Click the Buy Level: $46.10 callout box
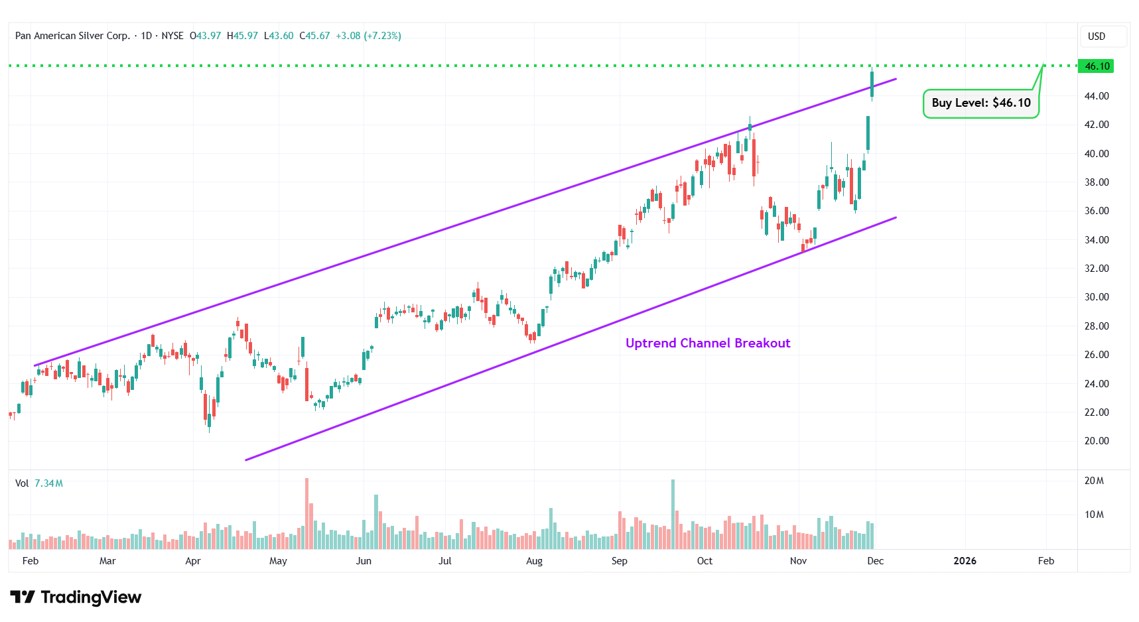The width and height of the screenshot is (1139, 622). click(x=980, y=103)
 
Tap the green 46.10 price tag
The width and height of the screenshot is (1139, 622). click(x=1097, y=66)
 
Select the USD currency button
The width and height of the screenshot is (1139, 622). click(x=1097, y=36)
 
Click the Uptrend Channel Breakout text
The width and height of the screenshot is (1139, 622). click(x=708, y=343)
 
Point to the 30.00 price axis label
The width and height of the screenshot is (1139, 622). click(x=1097, y=297)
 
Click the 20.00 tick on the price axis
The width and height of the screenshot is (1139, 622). click(x=1097, y=441)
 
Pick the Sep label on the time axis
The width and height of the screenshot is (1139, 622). click(x=619, y=561)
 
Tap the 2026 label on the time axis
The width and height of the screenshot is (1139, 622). click(x=965, y=561)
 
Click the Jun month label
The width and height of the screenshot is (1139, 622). click(x=364, y=561)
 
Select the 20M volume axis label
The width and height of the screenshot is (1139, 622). click(x=1094, y=481)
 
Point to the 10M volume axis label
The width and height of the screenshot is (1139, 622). click(x=1094, y=515)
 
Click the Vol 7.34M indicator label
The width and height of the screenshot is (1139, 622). click(x=39, y=483)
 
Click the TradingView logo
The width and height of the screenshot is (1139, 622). click(x=76, y=597)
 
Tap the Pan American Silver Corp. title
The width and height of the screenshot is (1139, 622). click(x=72, y=36)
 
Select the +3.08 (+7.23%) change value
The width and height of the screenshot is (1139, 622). click(x=368, y=36)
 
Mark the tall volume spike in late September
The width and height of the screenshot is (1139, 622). click(x=673, y=514)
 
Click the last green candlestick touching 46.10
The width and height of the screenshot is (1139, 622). click(x=872, y=84)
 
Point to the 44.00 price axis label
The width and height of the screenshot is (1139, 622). click(x=1097, y=96)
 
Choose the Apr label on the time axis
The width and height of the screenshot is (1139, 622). click(x=193, y=561)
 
